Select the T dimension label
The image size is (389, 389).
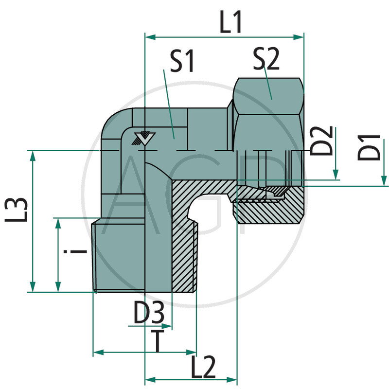(157, 340)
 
